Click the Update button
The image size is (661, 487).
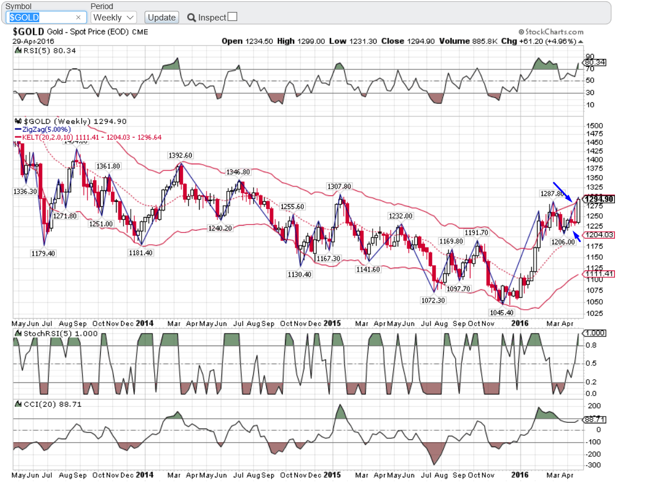(x=162, y=17)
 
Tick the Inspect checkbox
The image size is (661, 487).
(x=232, y=17)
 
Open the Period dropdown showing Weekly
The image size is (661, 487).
(x=114, y=17)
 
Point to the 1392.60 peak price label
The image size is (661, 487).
(x=180, y=155)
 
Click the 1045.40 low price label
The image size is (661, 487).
(x=502, y=313)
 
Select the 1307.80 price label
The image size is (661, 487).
(x=339, y=186)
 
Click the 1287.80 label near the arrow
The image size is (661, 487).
(x=552, y=194)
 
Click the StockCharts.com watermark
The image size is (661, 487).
(x=551, y=32)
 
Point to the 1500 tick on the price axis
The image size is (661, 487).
(x=594, y=126)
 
